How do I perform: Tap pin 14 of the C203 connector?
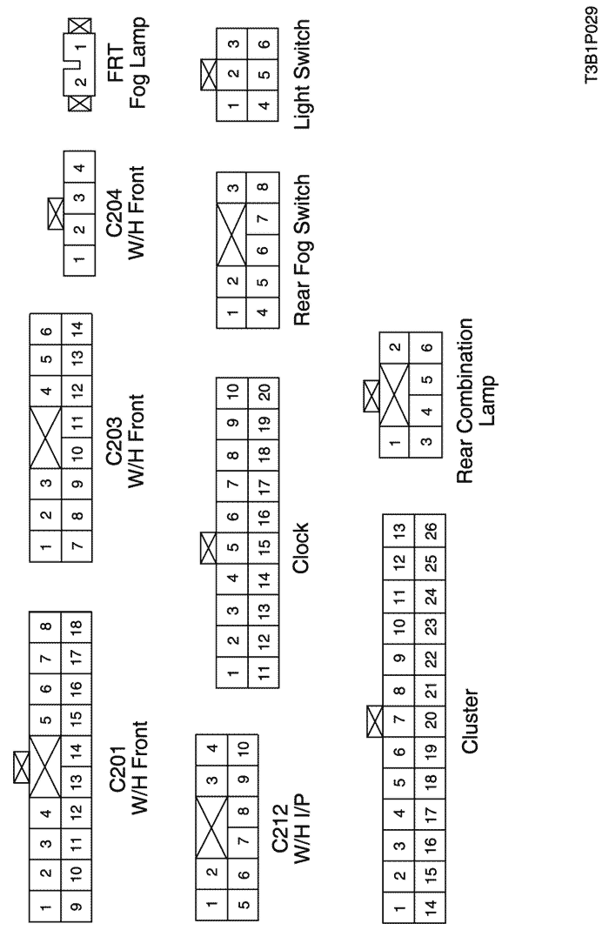(x=77, y=329)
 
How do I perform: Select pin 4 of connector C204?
(x=79, y=167)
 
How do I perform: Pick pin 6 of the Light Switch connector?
(x=264, y=44)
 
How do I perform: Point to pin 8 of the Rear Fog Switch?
(x=264, y=188)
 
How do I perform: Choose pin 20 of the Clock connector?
(x=264, y=392)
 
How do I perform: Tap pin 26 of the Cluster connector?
(x=431, y=530)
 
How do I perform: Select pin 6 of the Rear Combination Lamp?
(x=426, y=348)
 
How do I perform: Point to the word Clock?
(x=301, y=548)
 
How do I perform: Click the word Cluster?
(x=470, y=721)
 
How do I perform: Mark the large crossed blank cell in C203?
(x=45, y=438)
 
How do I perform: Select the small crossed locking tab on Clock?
(x=208, y=548)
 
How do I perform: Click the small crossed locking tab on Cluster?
(x=375, y=721)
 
